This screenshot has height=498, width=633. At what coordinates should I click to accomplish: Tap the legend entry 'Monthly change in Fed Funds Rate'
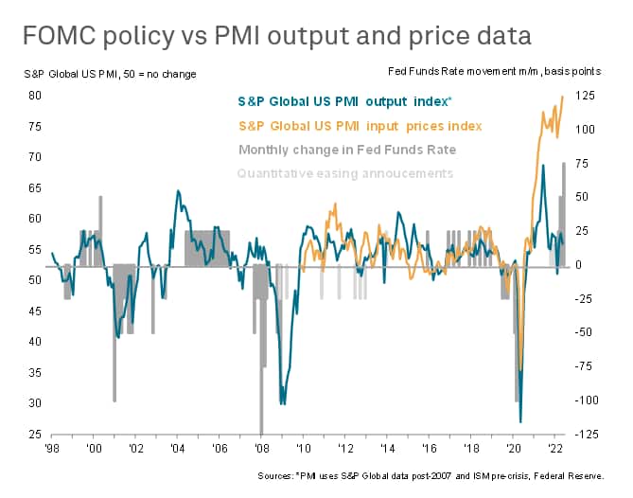[x=347, y=150]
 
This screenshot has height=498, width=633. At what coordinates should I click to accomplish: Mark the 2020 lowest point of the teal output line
[x=521, y=421]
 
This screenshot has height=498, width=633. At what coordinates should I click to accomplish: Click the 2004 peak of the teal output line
[x=178, y=191]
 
